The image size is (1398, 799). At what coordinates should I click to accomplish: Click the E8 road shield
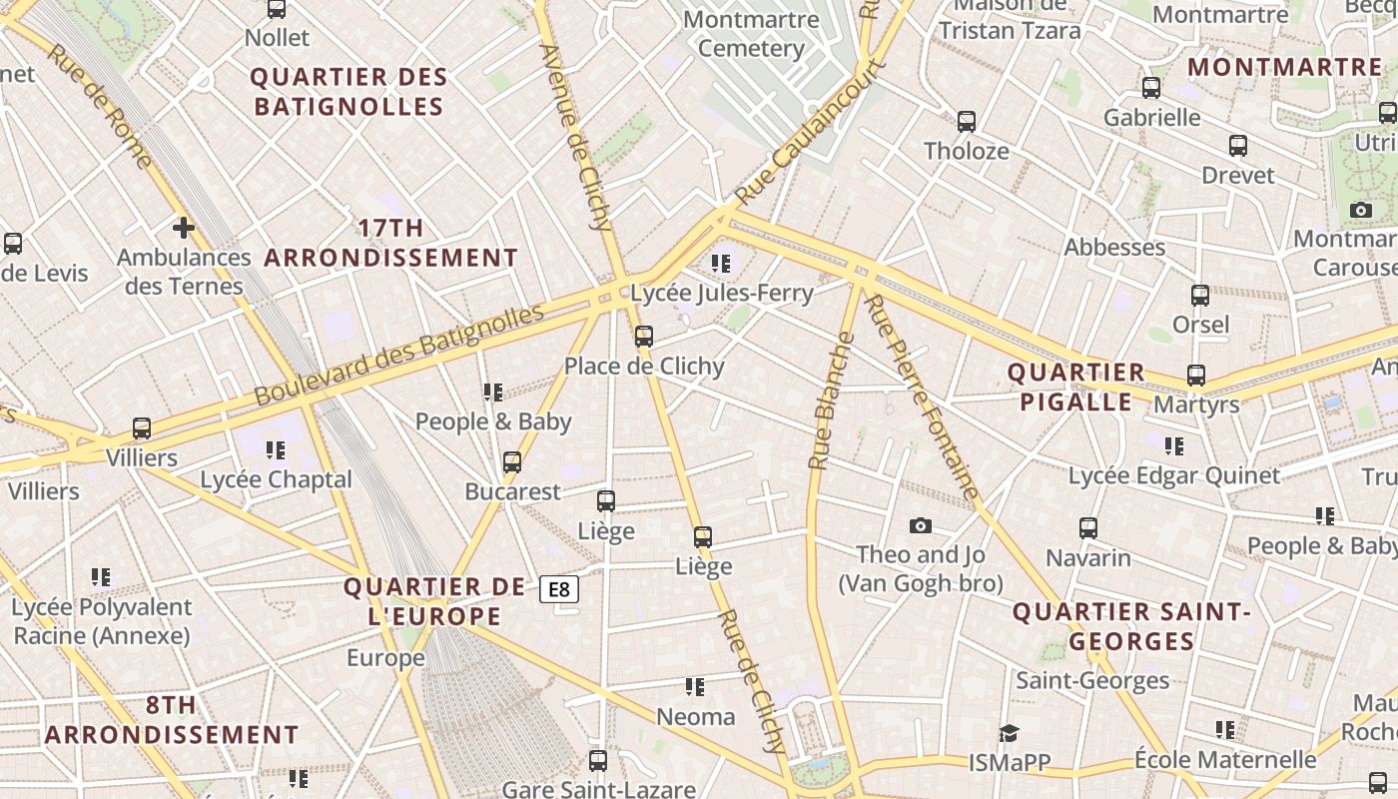(x=559, y=589)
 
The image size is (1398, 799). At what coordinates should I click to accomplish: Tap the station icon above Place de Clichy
(x=644, y=337)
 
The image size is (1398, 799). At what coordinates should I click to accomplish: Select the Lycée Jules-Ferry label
(x=722, y=294)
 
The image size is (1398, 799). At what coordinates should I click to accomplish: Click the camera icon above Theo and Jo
(x=921, y=525)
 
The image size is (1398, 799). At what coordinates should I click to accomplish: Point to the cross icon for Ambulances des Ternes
(x=183, y=228)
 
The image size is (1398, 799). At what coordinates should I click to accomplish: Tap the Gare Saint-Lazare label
(x=598, y=789)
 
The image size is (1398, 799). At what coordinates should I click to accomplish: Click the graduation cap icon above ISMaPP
(x=1009, y=733)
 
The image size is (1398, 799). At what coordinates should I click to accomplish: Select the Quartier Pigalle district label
(x=1075, y=388)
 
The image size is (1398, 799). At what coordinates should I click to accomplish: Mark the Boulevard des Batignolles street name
(x=398, y=355)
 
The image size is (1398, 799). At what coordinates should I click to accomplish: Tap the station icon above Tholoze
(x=966, y=122)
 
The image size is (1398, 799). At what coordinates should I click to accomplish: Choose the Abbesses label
(x=1114, y=247)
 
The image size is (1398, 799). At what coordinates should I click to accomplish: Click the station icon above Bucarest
(x=512, y=461)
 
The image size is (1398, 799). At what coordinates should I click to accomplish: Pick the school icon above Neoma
(x=695, y=687)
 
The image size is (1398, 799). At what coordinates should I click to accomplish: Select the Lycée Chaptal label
(x=277, y=479)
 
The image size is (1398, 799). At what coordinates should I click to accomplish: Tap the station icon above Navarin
(x=1088, y=527)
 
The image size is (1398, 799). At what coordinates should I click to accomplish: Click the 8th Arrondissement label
(x=172, y=720)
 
